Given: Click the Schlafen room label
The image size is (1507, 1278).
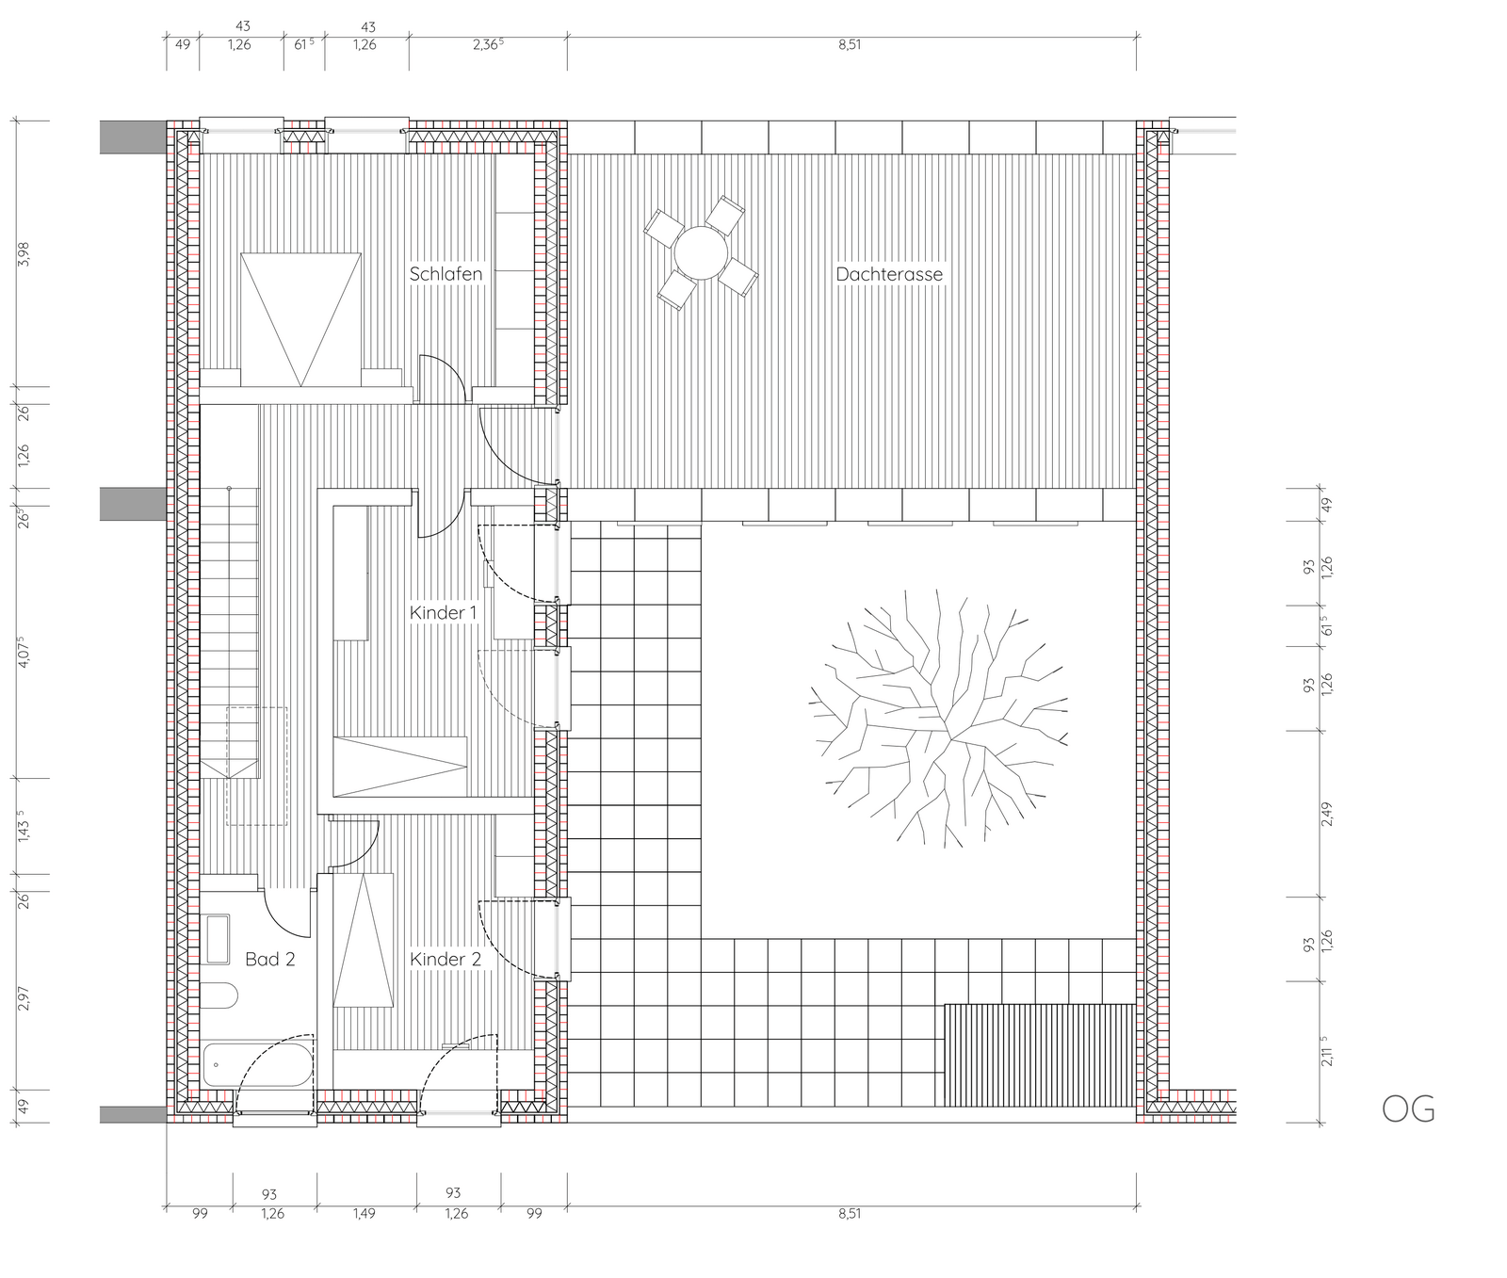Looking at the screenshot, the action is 446,274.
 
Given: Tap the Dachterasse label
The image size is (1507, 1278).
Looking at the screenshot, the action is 889,274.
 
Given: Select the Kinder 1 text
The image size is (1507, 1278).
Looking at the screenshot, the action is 444,613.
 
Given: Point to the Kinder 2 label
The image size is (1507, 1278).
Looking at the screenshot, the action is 446,959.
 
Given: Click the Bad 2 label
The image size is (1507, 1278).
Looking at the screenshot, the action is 270,959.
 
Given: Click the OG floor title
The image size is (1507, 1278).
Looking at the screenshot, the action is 1408,1109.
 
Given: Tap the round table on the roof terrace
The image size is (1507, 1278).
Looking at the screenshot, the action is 701,252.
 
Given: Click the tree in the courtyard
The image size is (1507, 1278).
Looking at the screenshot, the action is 939,717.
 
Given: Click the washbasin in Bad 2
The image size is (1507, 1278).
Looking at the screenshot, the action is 218,939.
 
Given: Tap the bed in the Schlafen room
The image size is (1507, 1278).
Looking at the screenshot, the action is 300,319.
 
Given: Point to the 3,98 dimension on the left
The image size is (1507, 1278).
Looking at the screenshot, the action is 24,254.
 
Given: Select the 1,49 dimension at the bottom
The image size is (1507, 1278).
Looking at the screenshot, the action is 364,1213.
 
